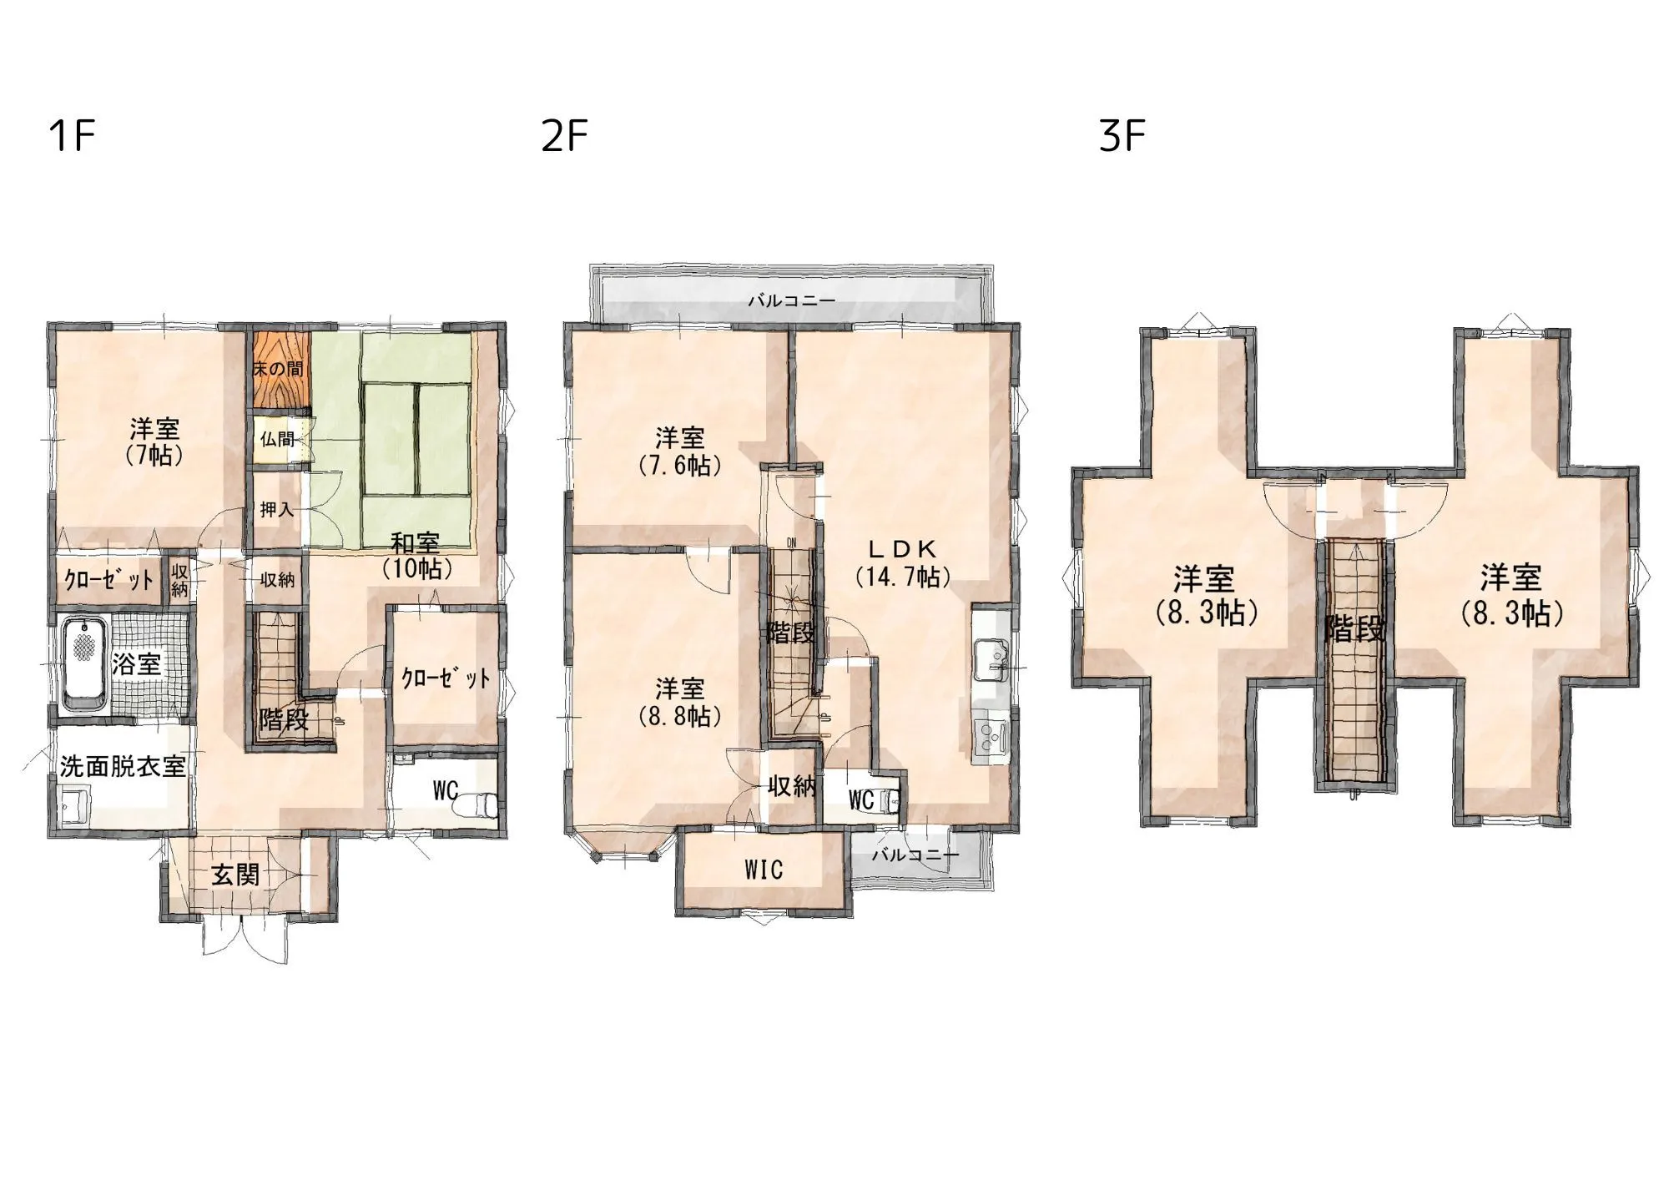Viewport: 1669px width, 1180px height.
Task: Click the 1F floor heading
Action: tap(73, 136)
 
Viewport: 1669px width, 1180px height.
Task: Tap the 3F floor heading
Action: tap(1122, 136)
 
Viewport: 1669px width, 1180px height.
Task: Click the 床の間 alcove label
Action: tap(279, 369)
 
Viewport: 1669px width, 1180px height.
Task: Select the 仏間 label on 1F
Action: tap(278, 438)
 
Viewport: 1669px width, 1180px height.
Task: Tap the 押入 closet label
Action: tap(277, 509)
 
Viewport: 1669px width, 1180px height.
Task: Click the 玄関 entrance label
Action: tap(235, 875)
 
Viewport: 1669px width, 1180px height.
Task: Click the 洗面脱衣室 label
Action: tap(123, 766)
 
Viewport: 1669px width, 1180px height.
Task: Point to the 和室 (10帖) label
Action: tap(416, 556)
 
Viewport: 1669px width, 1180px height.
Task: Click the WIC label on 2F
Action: tap(764, 870)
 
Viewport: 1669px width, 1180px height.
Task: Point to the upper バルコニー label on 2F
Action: tap(791, 301)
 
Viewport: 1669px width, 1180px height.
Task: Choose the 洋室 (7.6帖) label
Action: tap(680, 451)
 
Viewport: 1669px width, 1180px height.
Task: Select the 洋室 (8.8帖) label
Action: tap(680, 702)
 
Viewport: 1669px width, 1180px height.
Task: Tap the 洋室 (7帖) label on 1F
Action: tap(154, 442)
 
